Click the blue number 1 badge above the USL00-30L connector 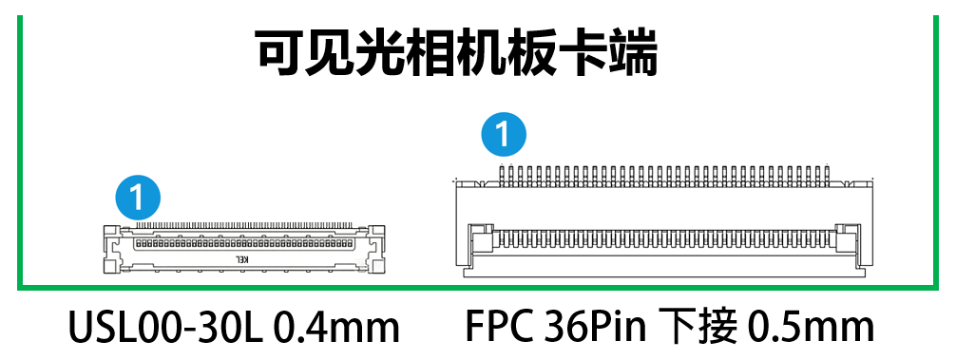pyautogui.click(x=138, y=198)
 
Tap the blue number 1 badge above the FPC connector pyautogui.click(x=504, y=135)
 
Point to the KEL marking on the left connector pyautogui.click(x=242, y=259)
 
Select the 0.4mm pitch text pyautogui.click(x=336, y=328)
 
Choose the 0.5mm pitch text pyautogui.click(x=811, y=328)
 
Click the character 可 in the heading pyautogui.click(x=279, y=53)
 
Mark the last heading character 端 pyautogui.click(x=633, y=53)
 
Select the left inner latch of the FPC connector pyautogui.click(x=481, y=238)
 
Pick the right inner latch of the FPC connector pyautogui.click(x=848, y=238)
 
